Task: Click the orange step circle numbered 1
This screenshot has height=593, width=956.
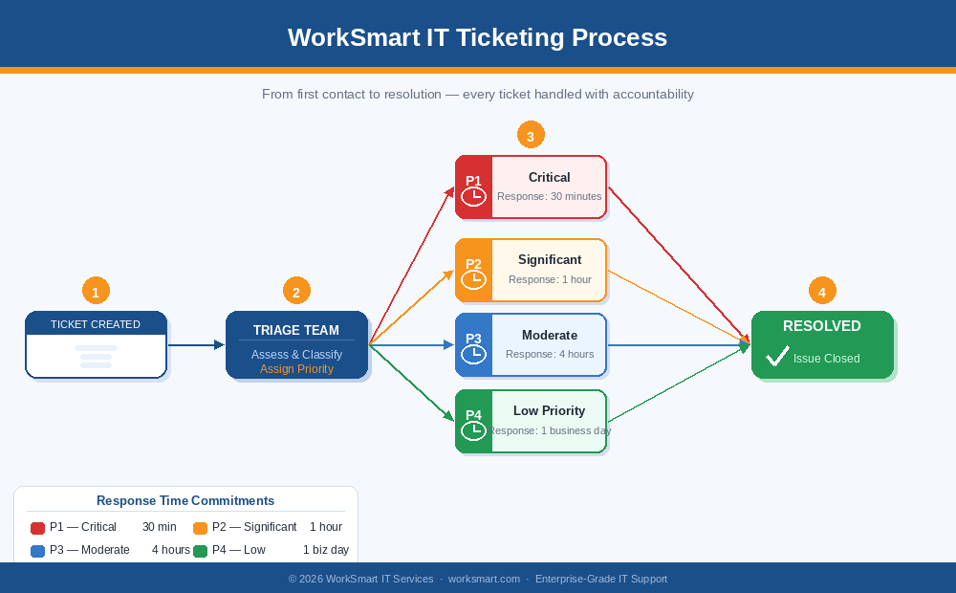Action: tap(96, 292)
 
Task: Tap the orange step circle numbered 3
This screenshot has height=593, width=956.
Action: tap(531, 135)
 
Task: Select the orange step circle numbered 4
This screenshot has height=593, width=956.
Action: tap(822, 292)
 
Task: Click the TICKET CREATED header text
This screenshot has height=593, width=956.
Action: tap(96, 324)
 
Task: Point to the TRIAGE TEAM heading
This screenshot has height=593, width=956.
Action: tap(296, 330)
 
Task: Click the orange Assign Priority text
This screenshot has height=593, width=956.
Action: tap(296, 369)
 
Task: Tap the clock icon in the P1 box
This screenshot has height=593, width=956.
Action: tap(473, 196)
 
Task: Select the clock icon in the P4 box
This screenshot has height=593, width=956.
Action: tap(473, 430)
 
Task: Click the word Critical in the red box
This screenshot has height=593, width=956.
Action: tap(549, 177)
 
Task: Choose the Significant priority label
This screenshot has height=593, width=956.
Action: tap(549, 259)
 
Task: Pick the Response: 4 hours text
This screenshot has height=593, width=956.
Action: tap(550, 354)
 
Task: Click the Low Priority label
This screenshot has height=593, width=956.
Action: tap(549, 410)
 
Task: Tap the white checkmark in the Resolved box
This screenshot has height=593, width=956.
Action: tap(777, 357)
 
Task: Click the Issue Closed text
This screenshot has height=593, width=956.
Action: tap(826, 359)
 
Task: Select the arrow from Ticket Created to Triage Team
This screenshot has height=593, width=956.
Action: tap(196, 345)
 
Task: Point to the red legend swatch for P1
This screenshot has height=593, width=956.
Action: tap(38, 528)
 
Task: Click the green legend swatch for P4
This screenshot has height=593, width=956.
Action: tap(201, 551)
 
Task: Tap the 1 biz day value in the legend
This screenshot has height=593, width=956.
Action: tap(326, 550)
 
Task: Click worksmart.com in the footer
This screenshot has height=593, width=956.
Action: tap(484, 579)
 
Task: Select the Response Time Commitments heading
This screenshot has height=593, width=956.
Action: tap(185, 500)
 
